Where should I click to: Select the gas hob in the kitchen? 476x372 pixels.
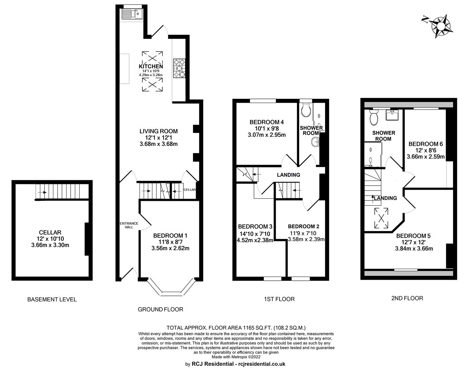(x=179, y=68)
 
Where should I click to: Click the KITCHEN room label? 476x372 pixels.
(x=151, y=66)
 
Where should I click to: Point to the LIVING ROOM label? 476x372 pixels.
(x=159, y=131)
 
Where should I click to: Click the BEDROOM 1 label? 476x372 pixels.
(x=170, y=236)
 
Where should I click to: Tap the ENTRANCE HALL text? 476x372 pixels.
(x=129, y=225)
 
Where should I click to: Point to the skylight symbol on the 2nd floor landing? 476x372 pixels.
(x=381, y=218)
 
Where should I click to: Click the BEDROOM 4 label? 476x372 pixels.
(x=267, y=122)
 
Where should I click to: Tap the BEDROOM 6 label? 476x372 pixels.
(x=426, y=144)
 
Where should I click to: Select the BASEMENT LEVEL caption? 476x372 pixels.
(x=52, y=299)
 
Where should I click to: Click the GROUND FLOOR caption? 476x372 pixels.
(x=160, y=309)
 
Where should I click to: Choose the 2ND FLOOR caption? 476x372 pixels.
(x=407, y=298)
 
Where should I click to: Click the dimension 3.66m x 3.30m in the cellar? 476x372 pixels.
(x=50, y=245)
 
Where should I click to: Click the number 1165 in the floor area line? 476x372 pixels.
(x=249, y=328)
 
